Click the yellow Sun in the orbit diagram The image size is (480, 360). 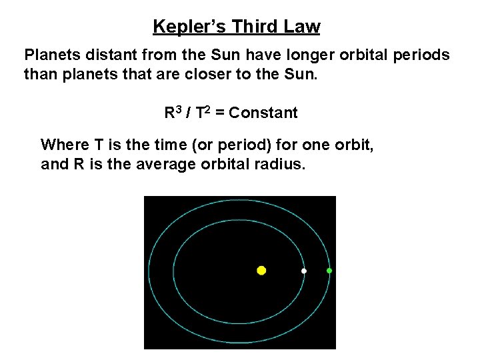click(261, 270)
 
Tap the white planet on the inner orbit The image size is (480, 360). click(304, 271)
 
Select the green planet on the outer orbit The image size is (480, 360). click(329, 271)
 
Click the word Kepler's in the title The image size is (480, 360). click(183, 27)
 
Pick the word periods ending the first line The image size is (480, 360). click(425, 55)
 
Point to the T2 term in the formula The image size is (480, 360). click(205, 113)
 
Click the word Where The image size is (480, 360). click(62, 144)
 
